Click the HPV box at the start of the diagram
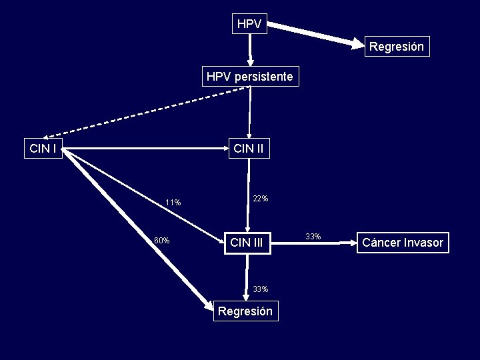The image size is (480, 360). pos(249,24)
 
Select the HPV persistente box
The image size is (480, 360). pos(249,77)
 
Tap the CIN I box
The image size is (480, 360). pos(43,148)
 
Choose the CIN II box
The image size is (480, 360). pos(249,148)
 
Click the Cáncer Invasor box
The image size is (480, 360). pos(402,242)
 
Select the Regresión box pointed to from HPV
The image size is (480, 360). pos(396,47)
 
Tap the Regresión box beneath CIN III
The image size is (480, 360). pos(245,311)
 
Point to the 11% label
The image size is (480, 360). pos(173,203)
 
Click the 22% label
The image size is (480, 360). pos(261,199)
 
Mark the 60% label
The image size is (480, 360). pos(162,241)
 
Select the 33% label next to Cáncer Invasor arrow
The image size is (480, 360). pos(313,237)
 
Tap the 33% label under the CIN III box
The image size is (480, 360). pos(261,289)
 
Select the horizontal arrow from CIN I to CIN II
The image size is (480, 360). pos(147,148)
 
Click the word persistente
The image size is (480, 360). pos(263,77)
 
